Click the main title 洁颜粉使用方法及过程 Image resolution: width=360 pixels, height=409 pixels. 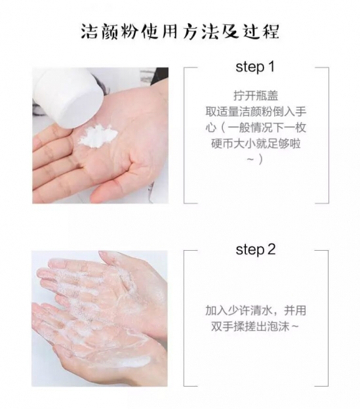[x=180, y=32]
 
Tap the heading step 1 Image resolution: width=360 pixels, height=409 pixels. [x=255, y=67]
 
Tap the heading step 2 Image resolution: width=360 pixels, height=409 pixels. [x=256, y=249]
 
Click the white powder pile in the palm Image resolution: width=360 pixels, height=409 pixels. [x=98, y=136]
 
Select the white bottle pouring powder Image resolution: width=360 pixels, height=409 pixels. [x=69, y=97]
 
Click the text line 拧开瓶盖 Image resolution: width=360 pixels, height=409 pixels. [x=256, y=96]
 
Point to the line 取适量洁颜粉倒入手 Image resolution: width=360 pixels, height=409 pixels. [x=256, y=112]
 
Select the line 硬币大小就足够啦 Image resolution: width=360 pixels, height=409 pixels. [x=256, y=144]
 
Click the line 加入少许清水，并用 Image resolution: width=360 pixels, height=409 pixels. [x=256, y=311]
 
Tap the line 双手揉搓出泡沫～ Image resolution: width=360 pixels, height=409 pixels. [x=255, y=326]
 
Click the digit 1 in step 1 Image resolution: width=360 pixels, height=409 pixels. [x=271, y=66]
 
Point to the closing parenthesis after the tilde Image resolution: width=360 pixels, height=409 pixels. [x=261, y=160]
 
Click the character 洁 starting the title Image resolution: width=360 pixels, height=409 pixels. [x=89, y=32]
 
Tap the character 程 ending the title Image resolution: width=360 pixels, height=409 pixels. [x=271, y=32]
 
